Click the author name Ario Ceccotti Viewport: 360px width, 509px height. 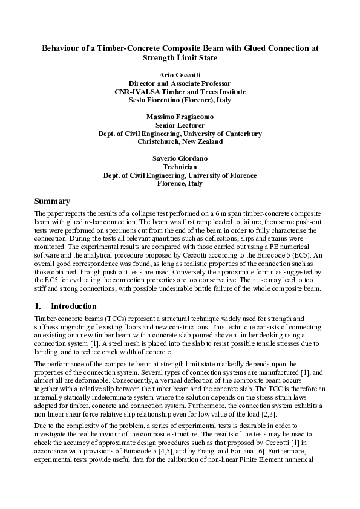click(x=180, y=74)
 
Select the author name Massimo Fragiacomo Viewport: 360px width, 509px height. click(x=180, y=116)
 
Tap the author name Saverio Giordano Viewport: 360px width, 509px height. click(x=180, y=158)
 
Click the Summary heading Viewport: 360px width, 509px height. click(x=52, y=201)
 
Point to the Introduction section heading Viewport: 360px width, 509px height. click(x=73, y=306)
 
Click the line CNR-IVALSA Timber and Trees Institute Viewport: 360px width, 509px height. click(x=180, y=91)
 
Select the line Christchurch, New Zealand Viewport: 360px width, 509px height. click(x=180, y=141)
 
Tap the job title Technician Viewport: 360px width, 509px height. click(x=180, y=166)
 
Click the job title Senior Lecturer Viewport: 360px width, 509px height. click(x=180, y=125)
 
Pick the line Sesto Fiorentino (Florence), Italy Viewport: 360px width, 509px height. click(x=180, y=100)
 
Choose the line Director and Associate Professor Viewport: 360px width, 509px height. click(x=180, y=83)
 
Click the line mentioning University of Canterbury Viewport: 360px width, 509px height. click(x=180, y=133)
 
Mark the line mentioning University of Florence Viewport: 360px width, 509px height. click(x=180, y=175)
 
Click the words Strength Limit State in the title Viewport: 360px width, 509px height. click(x=180, y=58)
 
